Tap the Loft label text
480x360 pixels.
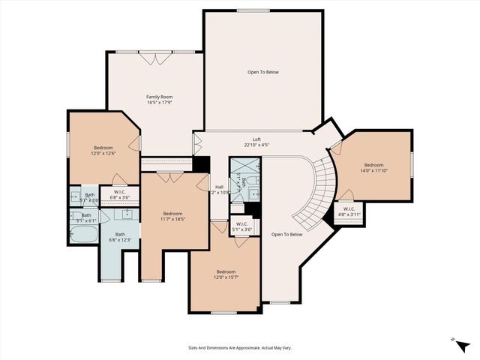coord(256,142)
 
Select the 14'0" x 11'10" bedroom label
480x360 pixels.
coord(373,167)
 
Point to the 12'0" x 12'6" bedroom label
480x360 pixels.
coord(103,150)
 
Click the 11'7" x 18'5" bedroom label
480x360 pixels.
coord(173,215)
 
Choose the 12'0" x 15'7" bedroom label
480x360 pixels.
coord(226,274)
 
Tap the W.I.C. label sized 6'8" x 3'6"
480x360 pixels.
coord(121,194)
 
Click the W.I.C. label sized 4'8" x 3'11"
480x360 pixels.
coord(349,211)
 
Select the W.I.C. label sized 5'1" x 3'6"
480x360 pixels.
coord(241,226)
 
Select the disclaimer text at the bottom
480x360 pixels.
coord(239,347)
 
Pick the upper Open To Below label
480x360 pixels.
coord(263,73)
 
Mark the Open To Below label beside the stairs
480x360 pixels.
coord(286,234)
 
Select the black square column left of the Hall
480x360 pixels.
coord(200,165)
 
